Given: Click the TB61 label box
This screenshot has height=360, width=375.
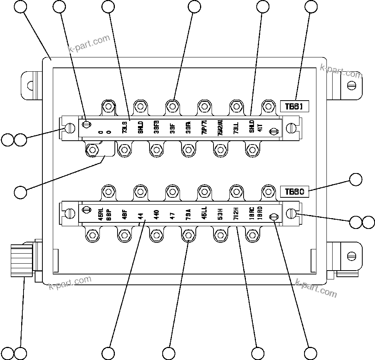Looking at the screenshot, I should coord(294,106).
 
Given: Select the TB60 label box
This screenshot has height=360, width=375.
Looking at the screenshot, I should coord(294,192).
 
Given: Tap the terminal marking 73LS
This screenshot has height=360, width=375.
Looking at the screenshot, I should coord(124,128).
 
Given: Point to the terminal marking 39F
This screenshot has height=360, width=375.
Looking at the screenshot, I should coord(172,128).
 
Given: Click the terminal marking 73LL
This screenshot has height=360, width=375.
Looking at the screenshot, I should coord(236,128).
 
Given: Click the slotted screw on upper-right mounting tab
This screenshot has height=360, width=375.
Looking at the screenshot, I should coord(351,85).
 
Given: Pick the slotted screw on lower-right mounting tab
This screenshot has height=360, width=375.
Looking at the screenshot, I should coord(351,255).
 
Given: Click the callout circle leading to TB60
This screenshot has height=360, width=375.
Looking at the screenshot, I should coord(355,180).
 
